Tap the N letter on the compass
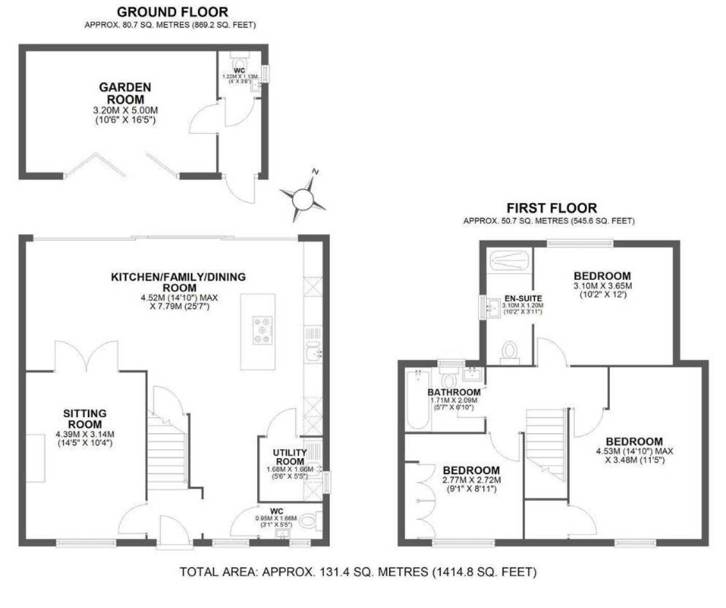point(315,172)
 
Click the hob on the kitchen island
point(263,330)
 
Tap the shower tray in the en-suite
point(509,260)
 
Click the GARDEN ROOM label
point(125,93)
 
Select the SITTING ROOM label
point(85,419)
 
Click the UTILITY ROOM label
point(290,457)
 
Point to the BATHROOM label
point(454,392)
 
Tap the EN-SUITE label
point(523,298)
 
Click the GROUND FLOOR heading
point(173,12)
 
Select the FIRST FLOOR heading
point(552,208)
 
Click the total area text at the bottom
point(358,572)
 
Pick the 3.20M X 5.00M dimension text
point(125,110)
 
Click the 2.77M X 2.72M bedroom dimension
point(471,480)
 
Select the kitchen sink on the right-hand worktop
point(314,351)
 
